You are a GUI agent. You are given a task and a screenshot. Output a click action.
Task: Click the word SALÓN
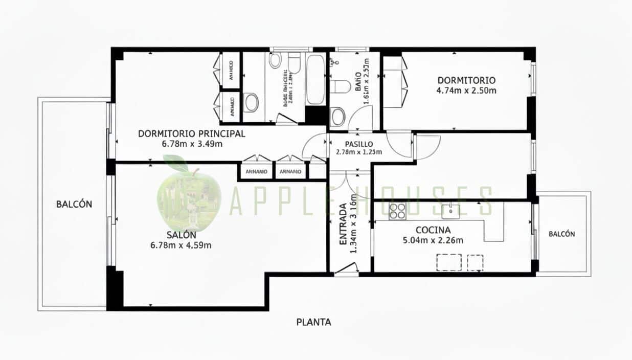coord(181,235)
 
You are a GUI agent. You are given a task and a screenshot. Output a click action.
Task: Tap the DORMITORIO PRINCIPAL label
coord(192,134)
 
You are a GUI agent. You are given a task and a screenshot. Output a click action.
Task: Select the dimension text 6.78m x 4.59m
coord(181,245)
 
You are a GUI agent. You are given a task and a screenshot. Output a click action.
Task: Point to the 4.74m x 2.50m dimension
coord(466,91)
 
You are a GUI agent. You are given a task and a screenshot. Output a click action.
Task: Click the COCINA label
coord(433,230)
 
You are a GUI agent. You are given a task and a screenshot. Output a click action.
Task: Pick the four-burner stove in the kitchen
coord(397,211)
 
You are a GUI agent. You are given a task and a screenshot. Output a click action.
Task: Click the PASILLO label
coord(358,144)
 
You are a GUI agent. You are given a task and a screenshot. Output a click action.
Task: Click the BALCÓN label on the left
coord(74,204)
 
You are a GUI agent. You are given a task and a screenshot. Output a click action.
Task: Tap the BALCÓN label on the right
coord(561,234)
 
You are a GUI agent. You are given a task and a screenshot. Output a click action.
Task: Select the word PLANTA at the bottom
coord(314,322)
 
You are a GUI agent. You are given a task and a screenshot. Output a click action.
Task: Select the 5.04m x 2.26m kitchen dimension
coord(433,240)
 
